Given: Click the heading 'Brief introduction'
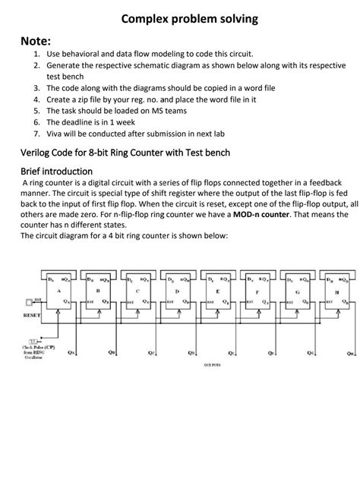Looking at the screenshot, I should click(56, 171).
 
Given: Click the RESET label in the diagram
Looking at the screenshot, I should click(31, 313).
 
